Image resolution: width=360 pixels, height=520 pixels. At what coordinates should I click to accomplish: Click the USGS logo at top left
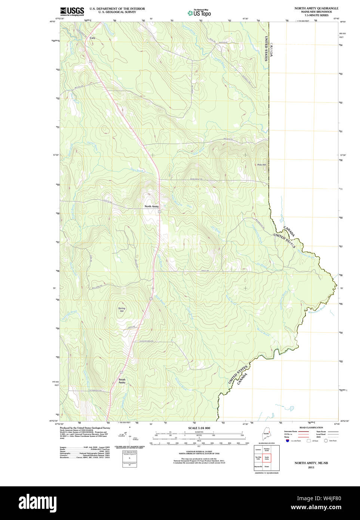pos(72,11)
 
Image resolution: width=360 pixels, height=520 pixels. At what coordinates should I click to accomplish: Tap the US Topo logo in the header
pos(200,13)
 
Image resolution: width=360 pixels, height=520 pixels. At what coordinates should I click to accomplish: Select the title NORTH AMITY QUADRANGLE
pos(316,8)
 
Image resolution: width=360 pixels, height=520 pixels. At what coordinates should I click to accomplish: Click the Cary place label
pos(92,38)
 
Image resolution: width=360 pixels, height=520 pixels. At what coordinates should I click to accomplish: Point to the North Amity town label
pos(151,207)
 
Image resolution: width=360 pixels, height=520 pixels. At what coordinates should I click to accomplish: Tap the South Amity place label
pos(122,381)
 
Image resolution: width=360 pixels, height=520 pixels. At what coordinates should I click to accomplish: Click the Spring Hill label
pos(121,310)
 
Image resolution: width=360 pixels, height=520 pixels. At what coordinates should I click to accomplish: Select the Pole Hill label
pos(261,165)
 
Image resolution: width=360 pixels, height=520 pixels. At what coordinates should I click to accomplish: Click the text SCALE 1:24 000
pos(199,428)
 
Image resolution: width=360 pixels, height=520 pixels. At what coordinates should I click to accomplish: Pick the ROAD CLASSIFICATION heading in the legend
pos(311,428)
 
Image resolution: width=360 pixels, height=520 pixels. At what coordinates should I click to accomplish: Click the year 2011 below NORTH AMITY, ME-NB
pos(311,467)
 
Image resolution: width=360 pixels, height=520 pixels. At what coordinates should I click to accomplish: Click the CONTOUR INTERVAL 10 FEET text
pos(199,452)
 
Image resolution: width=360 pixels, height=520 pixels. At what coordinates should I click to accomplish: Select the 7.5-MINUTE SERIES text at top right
pos(316,15)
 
